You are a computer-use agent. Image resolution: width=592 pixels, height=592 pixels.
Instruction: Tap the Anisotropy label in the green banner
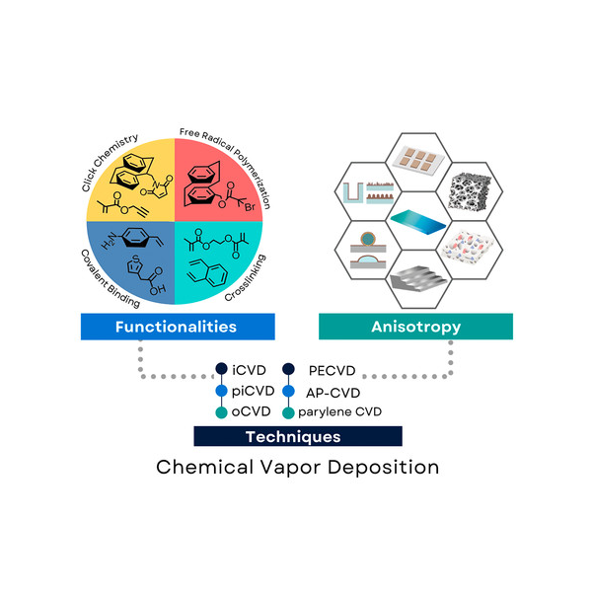[x=415, y=327]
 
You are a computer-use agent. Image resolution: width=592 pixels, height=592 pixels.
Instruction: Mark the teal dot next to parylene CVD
[x=288, y=412]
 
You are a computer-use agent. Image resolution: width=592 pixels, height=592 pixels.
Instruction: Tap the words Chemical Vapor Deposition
[x=297, y=466]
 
